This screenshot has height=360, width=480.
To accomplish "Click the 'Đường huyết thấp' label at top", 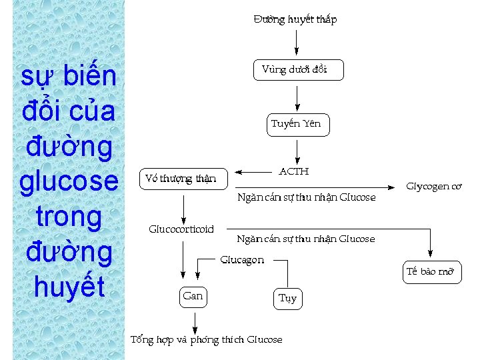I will coord(295,19).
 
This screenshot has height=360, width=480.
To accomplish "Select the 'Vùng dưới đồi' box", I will coord(298,70).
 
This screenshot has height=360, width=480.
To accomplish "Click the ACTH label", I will coord(293,171).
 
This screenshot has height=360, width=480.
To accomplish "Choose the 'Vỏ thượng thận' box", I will coord(181,179).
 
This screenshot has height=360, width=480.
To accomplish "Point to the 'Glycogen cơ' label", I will coord(433,187).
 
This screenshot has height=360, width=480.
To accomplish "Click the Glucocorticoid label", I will coord(181,229).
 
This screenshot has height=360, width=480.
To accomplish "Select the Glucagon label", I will coord(242,260).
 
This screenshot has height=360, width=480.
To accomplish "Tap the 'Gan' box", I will coord(193,296).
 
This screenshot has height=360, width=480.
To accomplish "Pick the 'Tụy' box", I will coord(287,298).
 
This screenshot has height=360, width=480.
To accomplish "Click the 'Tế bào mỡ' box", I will coord(430,272).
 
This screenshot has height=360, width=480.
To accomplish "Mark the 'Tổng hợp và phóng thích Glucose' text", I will coord(206,340).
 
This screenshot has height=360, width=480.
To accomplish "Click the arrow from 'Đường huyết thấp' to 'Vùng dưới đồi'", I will coord(297,43).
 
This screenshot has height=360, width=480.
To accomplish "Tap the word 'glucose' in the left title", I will coord(69,181).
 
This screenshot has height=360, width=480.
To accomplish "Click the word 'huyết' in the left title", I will coord(69,287).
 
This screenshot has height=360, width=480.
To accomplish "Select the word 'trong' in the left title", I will coord(69,217).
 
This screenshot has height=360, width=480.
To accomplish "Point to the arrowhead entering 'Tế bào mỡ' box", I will coord(431,253).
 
